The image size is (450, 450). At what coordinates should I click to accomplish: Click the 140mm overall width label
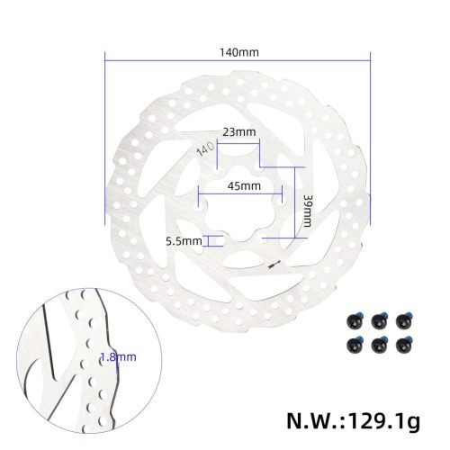tap(238, 52)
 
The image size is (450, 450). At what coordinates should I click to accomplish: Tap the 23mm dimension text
tap(238, 132)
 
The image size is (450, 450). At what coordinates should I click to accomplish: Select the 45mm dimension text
tap(243, 186)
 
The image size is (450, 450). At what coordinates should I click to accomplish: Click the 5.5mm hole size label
tap(183, 240)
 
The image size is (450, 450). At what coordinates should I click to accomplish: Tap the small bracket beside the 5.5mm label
tap(212, 240)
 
